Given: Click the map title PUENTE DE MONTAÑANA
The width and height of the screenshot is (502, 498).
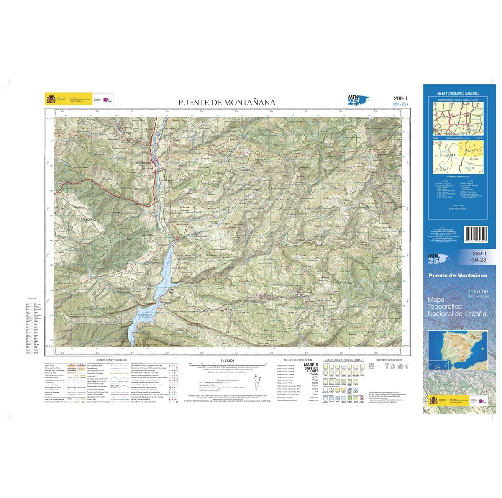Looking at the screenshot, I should tap(227, 102).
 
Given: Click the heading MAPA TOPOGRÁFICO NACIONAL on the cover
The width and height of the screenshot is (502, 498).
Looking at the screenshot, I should tap(458, 94).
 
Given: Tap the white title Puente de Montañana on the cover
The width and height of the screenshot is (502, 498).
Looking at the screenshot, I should tap(458, 275).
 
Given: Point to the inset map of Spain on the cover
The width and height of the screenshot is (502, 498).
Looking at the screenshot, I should tap(458, 350).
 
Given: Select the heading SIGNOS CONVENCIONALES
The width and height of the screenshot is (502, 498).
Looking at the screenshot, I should tap(111, 359).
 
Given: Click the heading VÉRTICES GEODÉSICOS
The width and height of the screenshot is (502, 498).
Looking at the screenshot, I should tap(389, 359).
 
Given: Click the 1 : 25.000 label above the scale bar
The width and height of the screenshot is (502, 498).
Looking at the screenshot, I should tap(227, 360).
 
